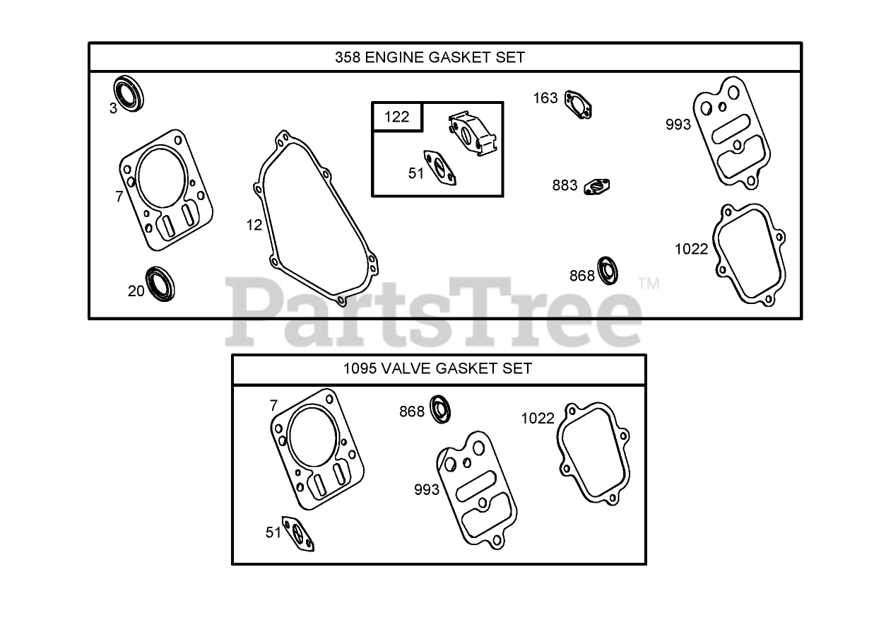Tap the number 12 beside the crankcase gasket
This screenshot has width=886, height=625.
click(254, 225)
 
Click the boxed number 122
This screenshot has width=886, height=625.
click(396, 117)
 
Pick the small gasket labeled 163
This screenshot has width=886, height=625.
click(579, 105)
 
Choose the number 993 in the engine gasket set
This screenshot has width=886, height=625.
click(678, 124)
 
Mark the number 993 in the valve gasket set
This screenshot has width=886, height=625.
click(427, 489)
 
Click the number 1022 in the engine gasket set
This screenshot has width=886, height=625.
click(691, 249)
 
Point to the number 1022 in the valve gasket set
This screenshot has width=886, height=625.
click(538, 418)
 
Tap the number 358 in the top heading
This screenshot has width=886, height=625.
click(348, 57)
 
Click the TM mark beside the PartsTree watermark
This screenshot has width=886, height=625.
click(648, 284)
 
